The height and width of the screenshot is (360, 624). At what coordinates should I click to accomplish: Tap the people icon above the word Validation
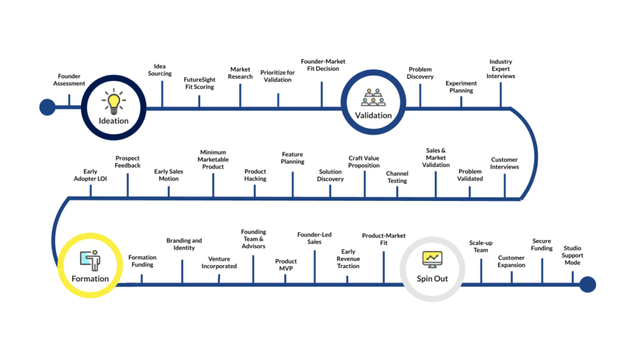373,97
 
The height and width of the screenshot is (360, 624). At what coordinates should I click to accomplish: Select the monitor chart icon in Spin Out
432,258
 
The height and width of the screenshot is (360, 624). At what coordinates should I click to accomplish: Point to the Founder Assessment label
69,80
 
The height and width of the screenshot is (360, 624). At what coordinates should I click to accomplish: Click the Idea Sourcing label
160,70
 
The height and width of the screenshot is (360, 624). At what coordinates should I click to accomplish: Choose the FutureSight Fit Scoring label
199,83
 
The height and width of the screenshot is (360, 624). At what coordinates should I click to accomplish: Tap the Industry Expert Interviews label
501,69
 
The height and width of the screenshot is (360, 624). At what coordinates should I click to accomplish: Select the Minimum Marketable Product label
213,160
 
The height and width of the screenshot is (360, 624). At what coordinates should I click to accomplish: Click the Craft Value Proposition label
364,162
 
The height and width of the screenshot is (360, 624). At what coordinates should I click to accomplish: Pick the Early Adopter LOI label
90,175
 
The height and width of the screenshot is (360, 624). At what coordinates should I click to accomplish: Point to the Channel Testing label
397,177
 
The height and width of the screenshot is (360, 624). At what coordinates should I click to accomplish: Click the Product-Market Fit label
383,239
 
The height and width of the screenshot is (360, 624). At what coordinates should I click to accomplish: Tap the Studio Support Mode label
572,255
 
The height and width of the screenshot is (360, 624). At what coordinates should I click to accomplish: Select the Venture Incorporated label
219,263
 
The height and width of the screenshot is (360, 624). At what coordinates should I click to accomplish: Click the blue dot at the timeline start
47,108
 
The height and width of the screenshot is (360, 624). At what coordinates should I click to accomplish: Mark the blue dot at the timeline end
587,284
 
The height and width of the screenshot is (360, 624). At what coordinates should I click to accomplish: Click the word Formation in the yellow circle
90,279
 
